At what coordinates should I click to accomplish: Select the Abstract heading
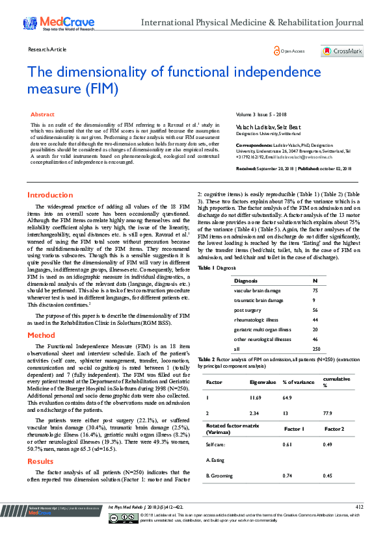pyautogui.click(x=43, y=114)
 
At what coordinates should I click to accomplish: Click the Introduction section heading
pyautogui.click(x=49, y=195)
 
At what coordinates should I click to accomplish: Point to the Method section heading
pyautogui.click(x=41, y=335)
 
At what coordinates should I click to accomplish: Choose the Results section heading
pyautogui.click(x=40, y=461)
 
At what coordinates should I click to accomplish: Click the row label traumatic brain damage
pyautogui.click(x=258, y=301)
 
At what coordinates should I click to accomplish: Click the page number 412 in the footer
pyautogui.click(x=359, y=507)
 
